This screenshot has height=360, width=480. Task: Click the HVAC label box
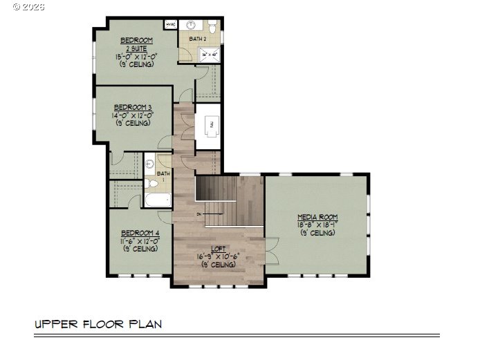pyautogui.click(x=171, y=25)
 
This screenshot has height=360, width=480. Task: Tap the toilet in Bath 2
pyautogui.click(x=213, y=27)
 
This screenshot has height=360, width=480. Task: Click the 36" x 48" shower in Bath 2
pyautogui.click(x=209, y=54)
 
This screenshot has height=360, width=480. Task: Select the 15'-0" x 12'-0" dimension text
pyautogui.click(x=136, y=57)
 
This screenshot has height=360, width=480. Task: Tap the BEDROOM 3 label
pyautogui.click(x=133, y=107)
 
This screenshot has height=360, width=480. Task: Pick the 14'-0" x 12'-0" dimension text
pyautogui.click(x=133, y=115)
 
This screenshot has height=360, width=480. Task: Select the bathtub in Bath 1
pyautogui.click(x=158, y=201)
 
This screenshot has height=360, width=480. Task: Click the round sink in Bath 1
pyautogui.click(x=149, y=165)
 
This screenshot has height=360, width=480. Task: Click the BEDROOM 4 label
pyautogui.click(x=140, y=234)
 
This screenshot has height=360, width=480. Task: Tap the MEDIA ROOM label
pyautogui.click(x=317, y=217)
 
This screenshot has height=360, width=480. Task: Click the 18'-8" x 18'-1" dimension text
pyautogui.click(x=317, y=225)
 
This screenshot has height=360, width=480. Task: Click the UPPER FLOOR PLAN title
pyautogui.click(x=99, y=323)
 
